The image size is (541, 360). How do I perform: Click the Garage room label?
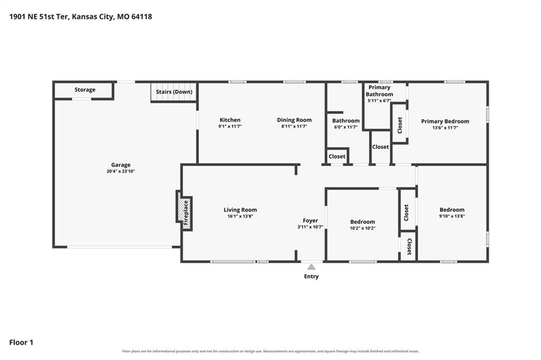[121, 165]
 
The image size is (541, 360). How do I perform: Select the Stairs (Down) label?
[174, 92]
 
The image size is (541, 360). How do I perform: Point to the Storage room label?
[85, 90]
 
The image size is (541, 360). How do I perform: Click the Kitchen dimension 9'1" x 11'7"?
[230, 126]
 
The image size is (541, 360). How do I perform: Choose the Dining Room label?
[294, 120]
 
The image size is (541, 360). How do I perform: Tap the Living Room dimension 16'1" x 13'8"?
[240, 216]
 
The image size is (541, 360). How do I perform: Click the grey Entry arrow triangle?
[311, 267]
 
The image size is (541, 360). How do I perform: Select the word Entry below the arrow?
[311, 276]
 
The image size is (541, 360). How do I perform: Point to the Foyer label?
[311, 220]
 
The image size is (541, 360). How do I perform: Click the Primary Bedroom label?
[445, 122]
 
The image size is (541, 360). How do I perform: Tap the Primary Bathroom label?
[379, 91]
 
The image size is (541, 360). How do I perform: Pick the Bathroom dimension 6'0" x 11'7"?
[346, 127]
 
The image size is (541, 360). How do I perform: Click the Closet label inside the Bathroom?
[337, 156]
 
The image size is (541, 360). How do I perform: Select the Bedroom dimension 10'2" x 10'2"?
[362, 228]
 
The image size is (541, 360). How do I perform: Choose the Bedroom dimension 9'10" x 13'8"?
[452, 216]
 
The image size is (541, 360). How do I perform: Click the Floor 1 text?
[21, 343]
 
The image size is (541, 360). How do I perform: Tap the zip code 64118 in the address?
[142, 16]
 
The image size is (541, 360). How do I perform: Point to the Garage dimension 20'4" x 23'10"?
[121, 171]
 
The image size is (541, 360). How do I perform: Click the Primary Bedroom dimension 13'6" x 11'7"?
[445, 128]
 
